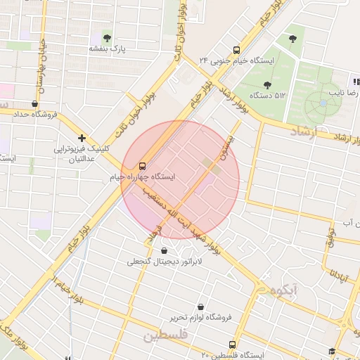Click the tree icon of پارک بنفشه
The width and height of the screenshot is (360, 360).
coord(107,37)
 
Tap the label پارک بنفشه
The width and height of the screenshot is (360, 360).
coord(107,49)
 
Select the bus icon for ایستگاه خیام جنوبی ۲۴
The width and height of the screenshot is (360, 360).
coord(236,50)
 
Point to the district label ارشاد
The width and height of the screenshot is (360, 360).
coord(304,131)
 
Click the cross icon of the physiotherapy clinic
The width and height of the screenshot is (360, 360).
coord(82,138)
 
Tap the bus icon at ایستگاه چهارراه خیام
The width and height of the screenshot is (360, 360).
coord(143,167)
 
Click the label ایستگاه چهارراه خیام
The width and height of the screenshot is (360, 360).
coord(143,178)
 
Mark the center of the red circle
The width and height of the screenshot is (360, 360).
coord(180,179)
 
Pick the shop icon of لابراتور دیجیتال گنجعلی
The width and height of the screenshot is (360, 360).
coord(164,250)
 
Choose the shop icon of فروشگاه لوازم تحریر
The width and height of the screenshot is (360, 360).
coord(202,306)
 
